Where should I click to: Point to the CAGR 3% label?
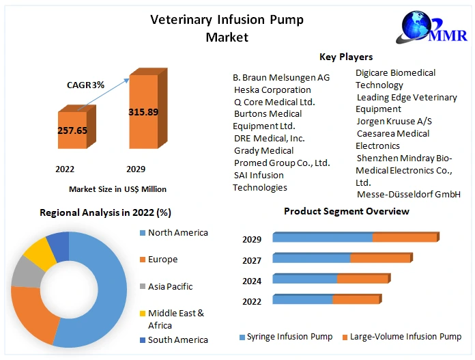click(85, 85)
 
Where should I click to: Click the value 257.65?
click(72, 130)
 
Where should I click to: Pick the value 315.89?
click(143, 111)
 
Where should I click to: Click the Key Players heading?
click(346, 57)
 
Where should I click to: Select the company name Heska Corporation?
click(272, 89)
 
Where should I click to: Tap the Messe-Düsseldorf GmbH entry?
click(409, 195)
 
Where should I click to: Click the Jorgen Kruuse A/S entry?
click(394, 121)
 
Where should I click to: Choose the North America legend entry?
click(177, 232)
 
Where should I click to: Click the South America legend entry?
click(177, 340)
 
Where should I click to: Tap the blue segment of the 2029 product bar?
click(322, 238)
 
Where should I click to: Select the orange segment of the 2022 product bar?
click(356, 299)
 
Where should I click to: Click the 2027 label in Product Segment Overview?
click(252, 260)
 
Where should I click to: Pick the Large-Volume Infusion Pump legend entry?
click(405, 337)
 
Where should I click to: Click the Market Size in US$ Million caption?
click(117, 189)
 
